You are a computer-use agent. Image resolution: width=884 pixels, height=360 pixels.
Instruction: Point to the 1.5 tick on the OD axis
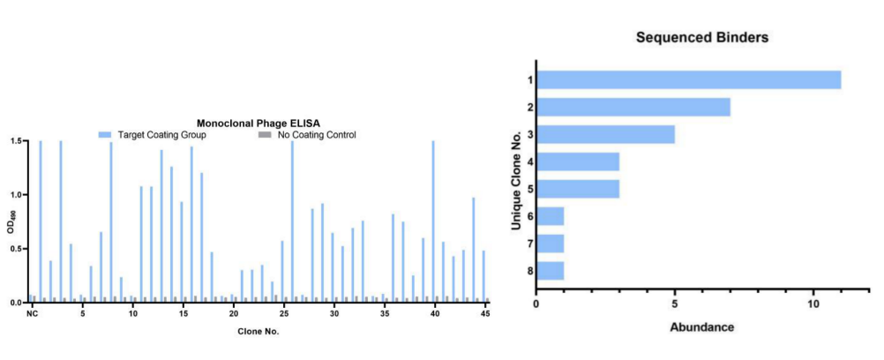[18, 141]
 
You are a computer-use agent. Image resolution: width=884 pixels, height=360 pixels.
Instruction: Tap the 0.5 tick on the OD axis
[18, 249]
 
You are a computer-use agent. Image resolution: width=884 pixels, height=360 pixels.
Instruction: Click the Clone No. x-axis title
[258, 332]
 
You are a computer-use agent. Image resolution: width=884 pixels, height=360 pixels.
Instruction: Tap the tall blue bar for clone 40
[433, 221]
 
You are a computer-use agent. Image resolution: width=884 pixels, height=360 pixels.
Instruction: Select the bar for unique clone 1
[688, 80]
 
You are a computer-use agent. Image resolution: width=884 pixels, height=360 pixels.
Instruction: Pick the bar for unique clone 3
[605, 135]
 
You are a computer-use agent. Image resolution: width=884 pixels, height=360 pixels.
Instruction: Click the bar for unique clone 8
[550, 270]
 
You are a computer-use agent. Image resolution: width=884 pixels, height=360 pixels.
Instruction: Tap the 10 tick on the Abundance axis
[813, 304]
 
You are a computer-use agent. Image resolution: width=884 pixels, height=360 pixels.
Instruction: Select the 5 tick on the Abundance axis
[675, 304]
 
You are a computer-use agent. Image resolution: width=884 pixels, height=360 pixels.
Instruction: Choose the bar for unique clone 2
[633, 108]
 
